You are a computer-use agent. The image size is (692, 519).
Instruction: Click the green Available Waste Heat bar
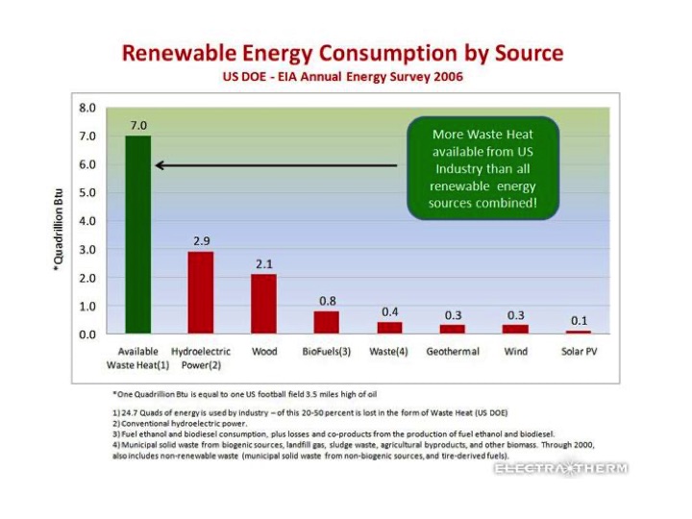pos(138,235)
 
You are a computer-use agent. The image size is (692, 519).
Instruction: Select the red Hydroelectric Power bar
pos(201,292)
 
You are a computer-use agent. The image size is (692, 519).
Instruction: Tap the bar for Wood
pos(264,304)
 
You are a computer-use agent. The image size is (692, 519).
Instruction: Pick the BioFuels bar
pos(327,322)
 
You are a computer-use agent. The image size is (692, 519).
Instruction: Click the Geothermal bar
pos(453,329)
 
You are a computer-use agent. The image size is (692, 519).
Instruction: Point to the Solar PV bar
pos(578,332)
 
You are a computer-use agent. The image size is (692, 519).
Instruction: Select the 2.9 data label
pos(201,241)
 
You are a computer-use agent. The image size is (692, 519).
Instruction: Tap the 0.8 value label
pos(327,301)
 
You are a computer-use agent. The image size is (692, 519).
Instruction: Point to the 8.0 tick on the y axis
pos(87,108)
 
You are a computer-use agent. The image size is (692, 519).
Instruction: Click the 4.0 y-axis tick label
pos(87,221)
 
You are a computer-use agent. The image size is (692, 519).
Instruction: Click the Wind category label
pos(515,352)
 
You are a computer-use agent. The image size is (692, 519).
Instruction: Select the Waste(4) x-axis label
pos(389,352)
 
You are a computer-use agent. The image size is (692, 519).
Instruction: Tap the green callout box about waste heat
pos(483,168)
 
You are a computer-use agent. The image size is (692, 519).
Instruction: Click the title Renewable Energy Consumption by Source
pos(342,53)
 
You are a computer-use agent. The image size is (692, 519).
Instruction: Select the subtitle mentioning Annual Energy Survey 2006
pos(343,76)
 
